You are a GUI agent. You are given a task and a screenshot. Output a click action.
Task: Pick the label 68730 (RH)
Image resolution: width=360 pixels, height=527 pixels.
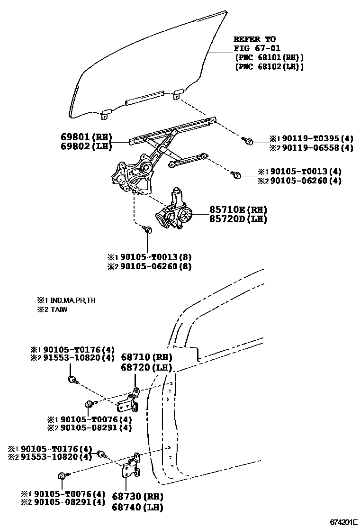tap(137, 497)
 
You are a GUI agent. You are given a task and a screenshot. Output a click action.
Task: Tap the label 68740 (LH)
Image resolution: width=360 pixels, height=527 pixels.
tap(137, 507)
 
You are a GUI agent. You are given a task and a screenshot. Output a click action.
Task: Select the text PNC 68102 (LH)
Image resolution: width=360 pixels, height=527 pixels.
tap(269, 67)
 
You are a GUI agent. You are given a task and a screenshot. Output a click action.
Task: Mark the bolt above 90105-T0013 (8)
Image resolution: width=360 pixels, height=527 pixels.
tap(148, 230)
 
